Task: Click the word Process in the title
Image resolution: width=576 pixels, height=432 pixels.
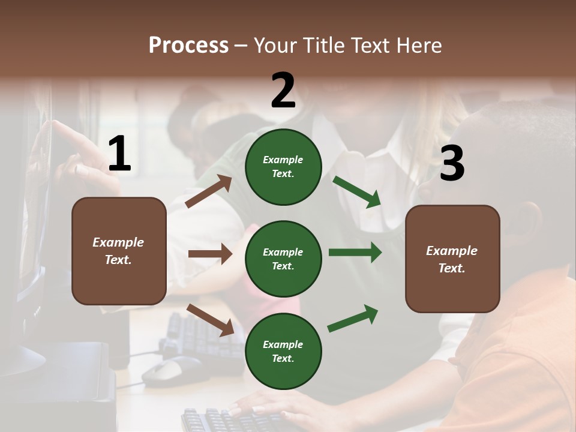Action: pyautogui.click(x=188, y=46)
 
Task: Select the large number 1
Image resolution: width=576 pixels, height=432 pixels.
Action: pyautogui.click(x=119, y=154)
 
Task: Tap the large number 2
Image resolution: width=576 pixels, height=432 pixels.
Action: pyautogui.click(x=283, y=91)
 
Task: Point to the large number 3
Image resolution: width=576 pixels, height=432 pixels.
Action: pyautogui.click(x=452, y=164)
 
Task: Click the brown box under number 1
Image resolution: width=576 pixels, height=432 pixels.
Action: pyautogui.click(x=119, y=251)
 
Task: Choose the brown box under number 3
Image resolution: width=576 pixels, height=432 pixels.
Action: pyautogui.click(x=452, y=259)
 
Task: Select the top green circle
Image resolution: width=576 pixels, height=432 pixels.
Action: pyautogui.click(x=283, y=167)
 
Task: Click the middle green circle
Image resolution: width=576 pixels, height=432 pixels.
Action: pyautogui.click(x=283, y=259)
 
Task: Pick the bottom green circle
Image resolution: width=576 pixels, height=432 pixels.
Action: pyautogui.click(x=283, y=351)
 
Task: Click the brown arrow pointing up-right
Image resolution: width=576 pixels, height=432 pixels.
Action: pyautogui.click(x=209, y=191)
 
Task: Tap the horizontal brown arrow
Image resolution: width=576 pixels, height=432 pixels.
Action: pyautogui.click(x=210, y=254)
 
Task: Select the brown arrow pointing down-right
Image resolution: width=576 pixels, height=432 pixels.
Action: pyautogui.click(x=210, y=320)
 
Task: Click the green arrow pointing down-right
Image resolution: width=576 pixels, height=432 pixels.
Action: pyautogui.click(x=357, y=191)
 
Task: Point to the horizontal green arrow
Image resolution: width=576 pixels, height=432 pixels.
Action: pyautogui.click(x=355, y=253)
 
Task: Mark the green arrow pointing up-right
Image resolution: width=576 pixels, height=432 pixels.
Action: pyautogui.click(x=353, y=319)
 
